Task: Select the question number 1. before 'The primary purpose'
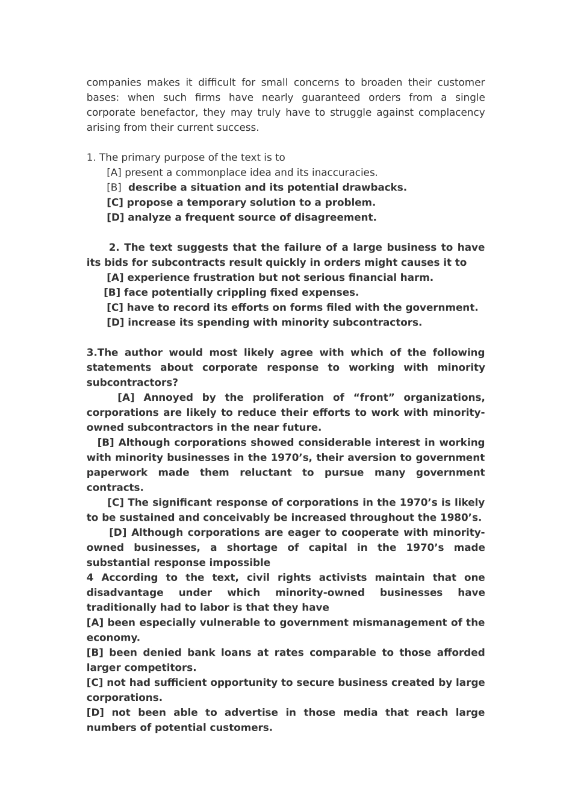pyautogui.click(x=91, y=157)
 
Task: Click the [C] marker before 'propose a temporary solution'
pyautogui.click(x=115, y=202)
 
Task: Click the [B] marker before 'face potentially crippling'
pyautogui.click(x=112, y=292)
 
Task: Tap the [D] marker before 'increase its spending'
pyautogui.click(x=115, y=322)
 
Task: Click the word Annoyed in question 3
pyautogui.click(x=168, y=397)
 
